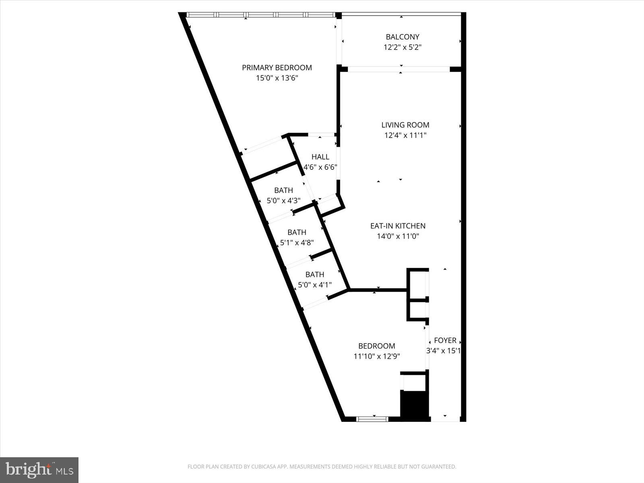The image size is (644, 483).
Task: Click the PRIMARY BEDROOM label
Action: click(x=277, y=68)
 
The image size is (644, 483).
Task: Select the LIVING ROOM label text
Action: click(x=405, y=125)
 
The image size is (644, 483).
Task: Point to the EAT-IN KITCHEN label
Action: click(x=398, y=226)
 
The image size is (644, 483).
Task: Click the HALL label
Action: click(x=320, y=157)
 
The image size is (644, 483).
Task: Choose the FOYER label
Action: click(x=445, y=341)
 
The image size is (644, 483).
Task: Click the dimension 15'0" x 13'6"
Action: click(x=277, y=78)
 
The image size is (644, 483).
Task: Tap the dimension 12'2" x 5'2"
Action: click(x=402, y=47)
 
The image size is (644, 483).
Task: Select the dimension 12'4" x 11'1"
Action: click(x=405, y=136)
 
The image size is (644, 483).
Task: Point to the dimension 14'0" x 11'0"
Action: click(x=398, y=237)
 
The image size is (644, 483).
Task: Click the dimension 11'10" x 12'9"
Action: click(x=376, y=356)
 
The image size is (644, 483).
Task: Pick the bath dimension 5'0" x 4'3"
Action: click(x=283, y=200)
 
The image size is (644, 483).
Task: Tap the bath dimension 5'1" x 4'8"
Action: click(x=297, y=243)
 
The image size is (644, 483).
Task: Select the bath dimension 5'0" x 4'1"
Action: click(x=314, y=285)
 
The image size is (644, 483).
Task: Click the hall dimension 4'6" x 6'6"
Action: click(x=320, y=167)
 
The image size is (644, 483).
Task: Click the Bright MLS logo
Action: click(x=39, y=470)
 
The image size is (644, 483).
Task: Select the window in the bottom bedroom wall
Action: click(x=372, y=419)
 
